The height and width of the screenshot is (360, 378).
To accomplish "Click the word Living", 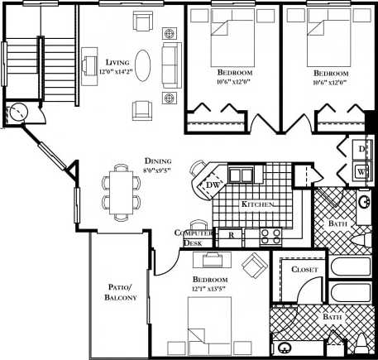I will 119,62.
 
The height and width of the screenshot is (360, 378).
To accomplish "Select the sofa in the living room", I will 172,65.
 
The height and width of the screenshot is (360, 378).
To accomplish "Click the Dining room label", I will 158,161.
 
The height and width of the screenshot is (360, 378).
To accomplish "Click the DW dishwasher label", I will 213,185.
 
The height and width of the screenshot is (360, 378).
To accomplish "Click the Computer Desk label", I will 191,238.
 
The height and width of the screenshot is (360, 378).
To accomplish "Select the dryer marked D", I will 361,149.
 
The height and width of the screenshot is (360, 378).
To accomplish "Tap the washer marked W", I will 361,171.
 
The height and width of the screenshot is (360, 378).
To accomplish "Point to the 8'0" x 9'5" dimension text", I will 158,170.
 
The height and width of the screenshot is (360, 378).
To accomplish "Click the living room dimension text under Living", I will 119,72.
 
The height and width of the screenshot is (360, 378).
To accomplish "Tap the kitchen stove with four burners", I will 270,235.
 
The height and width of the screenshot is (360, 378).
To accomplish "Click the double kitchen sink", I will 241,175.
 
